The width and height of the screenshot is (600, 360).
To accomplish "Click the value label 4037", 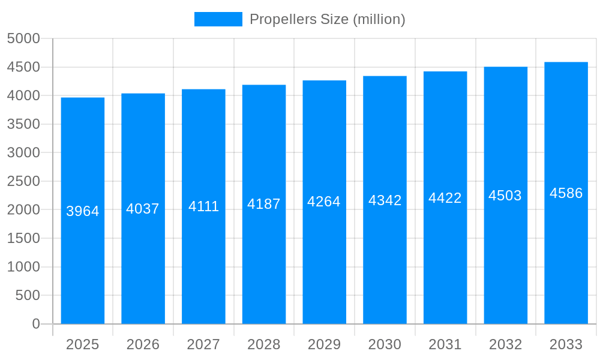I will (x=143, y=209).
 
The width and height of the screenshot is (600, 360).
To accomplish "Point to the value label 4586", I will (x=566, y=193).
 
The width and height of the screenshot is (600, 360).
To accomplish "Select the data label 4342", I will (x=385, y=200).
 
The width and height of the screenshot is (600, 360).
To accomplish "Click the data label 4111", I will (x=203, y=206).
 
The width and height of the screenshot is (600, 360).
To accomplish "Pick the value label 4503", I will (x=505, y=196).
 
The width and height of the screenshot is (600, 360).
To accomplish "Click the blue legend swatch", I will (x=218, y=19).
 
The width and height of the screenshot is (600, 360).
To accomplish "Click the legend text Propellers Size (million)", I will (x=327, y=19).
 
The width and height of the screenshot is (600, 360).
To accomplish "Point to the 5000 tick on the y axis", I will (x=23, y=38).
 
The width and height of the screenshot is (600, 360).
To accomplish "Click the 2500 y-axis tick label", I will (x=23, y=181).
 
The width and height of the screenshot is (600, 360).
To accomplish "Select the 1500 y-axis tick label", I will (x=23, y=238).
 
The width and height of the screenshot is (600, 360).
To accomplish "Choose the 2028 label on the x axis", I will (x=264, y=344).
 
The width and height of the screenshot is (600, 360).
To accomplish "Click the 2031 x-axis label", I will (x=445, y=344).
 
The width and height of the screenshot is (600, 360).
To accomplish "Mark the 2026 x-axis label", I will (x=143, y=344).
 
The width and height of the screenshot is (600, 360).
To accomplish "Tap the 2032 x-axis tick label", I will (x=505, y=344).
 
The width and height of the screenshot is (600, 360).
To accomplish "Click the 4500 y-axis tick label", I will (x=23, y=67).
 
